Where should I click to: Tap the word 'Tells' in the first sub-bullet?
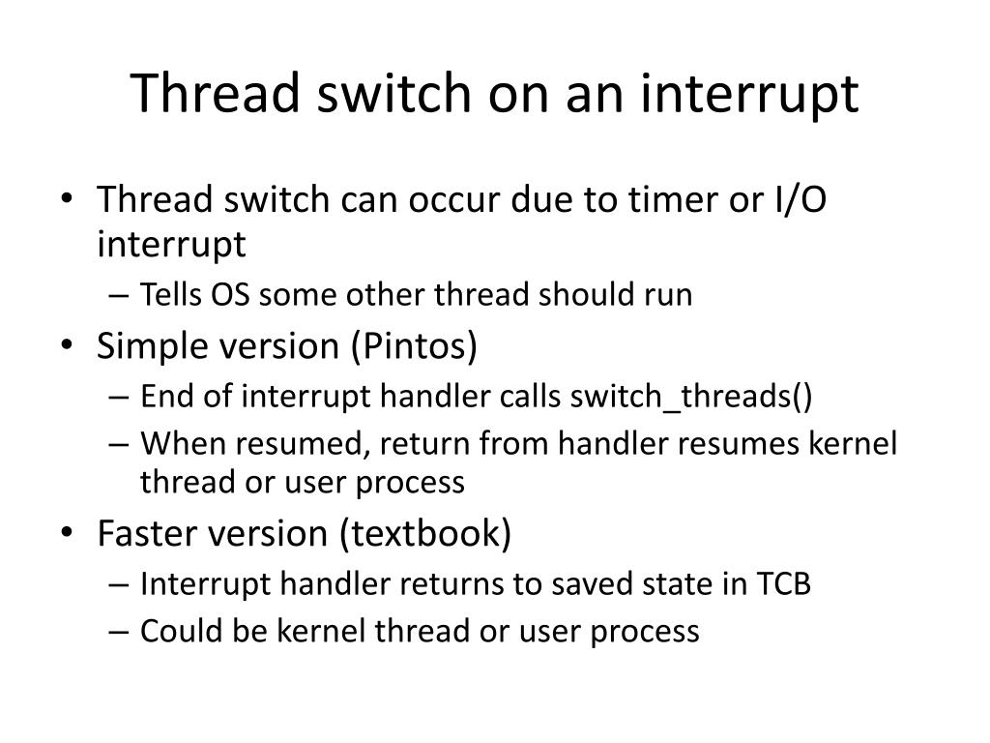165,295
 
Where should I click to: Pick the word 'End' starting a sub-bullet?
161,397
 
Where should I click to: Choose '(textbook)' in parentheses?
424,533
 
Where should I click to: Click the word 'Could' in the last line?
171,631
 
